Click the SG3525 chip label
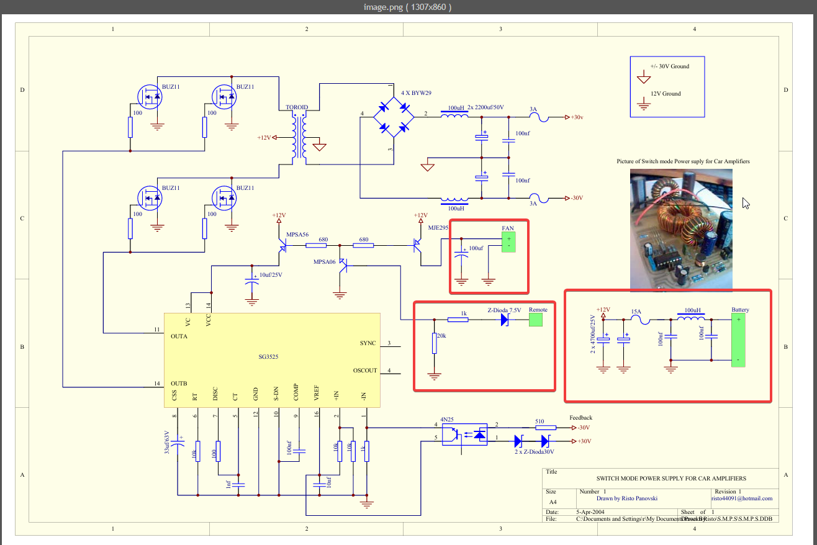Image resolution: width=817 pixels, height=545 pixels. [269, 357]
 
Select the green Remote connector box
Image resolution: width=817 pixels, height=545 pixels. [535, 320]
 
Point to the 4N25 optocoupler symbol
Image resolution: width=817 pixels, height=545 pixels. [469, 435]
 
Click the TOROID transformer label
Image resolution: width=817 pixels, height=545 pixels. [296, 107]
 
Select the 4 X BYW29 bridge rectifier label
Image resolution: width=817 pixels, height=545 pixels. [416, 93]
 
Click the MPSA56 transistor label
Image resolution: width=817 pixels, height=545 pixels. [297, 235]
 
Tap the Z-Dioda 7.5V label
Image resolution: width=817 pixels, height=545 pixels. [504, 310]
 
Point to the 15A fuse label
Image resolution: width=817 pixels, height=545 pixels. [636, 312]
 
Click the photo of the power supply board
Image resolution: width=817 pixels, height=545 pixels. [681, 230]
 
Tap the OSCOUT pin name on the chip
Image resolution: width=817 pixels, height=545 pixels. [365, 371]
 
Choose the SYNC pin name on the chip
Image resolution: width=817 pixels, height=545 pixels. [368, 343]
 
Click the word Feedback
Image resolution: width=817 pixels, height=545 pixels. [580, 418]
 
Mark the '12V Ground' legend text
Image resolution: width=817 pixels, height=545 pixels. [666, 94]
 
